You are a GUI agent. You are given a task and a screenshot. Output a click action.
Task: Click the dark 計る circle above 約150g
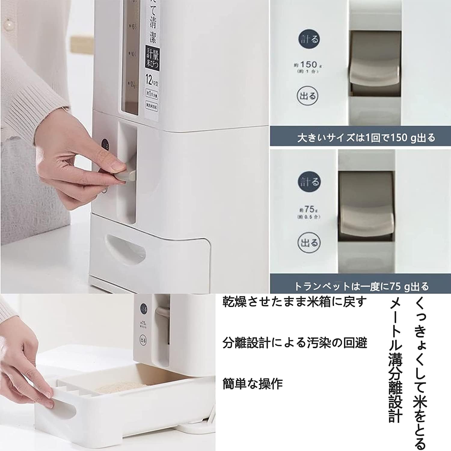click(x=308, y=39)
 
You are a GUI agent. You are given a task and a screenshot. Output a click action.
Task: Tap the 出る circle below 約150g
click(x=308, y=96)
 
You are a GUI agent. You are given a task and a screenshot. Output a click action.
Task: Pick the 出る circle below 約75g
click(x=308, y=242)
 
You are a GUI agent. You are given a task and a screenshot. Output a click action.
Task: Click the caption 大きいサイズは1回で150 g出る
click(x=366, y=138)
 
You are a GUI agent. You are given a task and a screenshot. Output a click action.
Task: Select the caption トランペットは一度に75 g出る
click(x=361, y=286)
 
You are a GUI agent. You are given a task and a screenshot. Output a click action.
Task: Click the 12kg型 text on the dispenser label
click(x=152, y=80)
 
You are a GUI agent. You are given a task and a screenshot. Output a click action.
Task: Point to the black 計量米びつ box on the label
click(x=152, y=57)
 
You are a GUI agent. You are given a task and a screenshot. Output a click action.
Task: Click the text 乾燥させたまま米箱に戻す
click(x=295, y=302)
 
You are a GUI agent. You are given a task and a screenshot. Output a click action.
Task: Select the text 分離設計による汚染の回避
click(x=295, y=343)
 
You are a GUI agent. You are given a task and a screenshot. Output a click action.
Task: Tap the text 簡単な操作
click(x=253, y=384)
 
